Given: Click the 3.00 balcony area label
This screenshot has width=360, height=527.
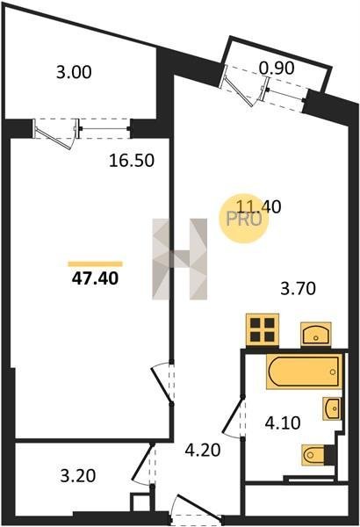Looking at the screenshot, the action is point(74,73).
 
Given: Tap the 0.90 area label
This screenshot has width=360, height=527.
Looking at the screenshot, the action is point(277,69).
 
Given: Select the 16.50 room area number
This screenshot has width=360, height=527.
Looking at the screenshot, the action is point(132,161).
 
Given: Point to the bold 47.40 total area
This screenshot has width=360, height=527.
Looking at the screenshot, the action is point(95,278).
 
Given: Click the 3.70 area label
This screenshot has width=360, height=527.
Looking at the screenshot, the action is point(299,289).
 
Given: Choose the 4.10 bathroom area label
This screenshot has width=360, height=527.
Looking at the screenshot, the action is point(283,422).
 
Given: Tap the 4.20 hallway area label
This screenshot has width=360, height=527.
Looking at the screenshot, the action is point(203,450).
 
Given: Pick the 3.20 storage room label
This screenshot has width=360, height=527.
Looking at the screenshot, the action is point(78,475).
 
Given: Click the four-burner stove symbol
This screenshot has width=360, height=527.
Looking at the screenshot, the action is point(263,329).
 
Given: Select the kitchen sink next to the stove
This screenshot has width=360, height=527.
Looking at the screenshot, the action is point(315,334).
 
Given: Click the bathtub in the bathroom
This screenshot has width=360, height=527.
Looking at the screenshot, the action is point(305,372).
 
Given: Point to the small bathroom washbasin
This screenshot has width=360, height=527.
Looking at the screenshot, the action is point(332,408).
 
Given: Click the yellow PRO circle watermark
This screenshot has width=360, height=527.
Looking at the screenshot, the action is point(244,219).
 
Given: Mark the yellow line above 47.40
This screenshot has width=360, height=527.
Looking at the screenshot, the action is point(95,263).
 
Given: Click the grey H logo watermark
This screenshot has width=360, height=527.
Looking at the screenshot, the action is point(180,259).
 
